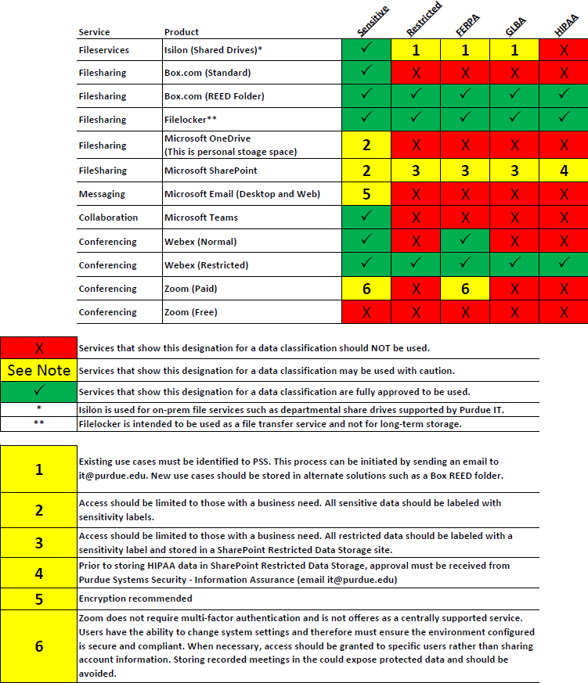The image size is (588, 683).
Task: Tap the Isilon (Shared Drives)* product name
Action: click(x=213, y=50)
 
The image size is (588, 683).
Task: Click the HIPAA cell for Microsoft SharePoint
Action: click(x=564, y=170)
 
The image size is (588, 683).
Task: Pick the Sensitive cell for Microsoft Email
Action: click(x=366, y=193)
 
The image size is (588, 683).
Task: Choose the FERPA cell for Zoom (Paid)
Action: click(x=465, y=288)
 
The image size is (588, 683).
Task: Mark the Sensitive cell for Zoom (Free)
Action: click(x=366, y=311)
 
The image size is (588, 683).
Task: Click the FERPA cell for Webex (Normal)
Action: click(x=465, y=241)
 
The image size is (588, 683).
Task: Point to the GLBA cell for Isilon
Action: click(x=514, y=50)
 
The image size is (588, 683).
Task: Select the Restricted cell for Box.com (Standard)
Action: click(x=415, y=73)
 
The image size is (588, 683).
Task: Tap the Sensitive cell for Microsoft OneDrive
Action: click(x=366, y=145)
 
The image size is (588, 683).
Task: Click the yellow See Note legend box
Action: click(x=38, y=370)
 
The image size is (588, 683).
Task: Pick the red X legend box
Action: click(x=38, y=347)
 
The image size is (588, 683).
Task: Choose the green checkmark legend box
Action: click(x=38, y=391)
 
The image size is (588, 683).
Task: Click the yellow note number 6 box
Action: click(x=38, y=645)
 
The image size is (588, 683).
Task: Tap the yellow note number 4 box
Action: click(x=38, y=573)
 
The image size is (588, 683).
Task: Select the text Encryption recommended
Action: click(x=135, y=599)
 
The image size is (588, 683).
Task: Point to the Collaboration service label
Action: click(x=108, y=217)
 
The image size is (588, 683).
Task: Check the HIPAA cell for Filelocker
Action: click(x=564, y=119)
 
